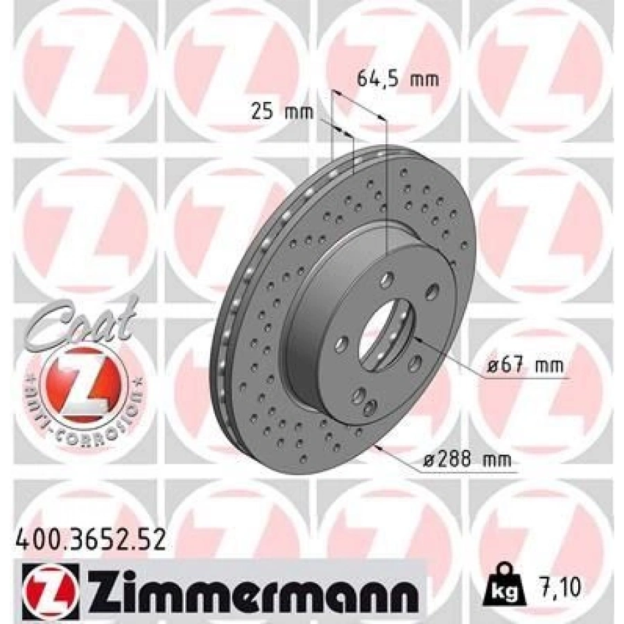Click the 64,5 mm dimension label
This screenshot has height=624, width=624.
point(397,79)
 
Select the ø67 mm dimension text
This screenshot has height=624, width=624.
point(525,365)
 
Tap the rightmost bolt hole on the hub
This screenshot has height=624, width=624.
point(433,290)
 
